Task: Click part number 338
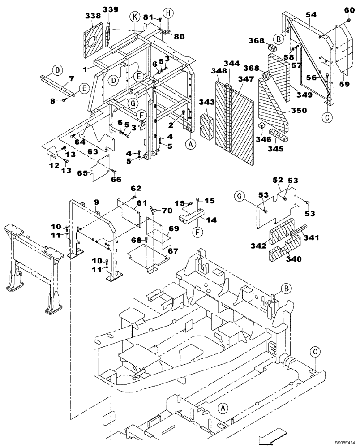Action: tap(93, 16)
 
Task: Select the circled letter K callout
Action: tap(134, 17)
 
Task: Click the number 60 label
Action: tap(349, 10)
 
